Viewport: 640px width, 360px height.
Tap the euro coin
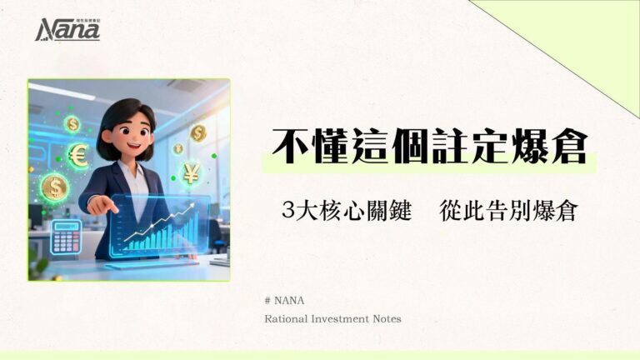(x=78, y=156)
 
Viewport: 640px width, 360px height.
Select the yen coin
(x=192, y=173)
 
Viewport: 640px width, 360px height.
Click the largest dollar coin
(x=54, y=187)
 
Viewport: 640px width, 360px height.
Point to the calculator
(x=66, y=236)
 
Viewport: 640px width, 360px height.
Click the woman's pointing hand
(x=102, y=203)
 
